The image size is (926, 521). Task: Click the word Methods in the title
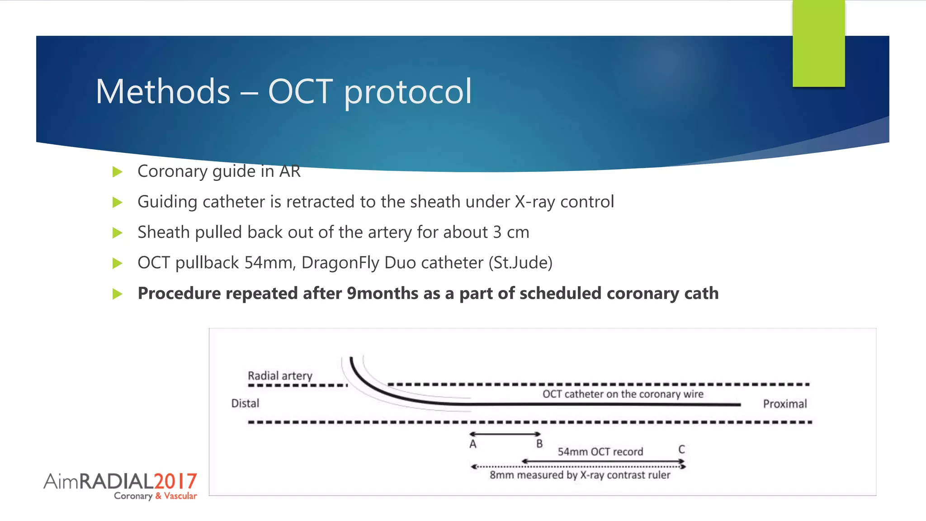[163, 92]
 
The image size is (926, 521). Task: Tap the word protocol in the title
[408, 92]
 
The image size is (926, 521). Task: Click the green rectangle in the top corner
[818, 43]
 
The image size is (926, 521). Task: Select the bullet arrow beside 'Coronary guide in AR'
[118, 172]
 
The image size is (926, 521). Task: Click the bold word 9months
[383, 294]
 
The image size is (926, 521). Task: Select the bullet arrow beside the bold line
[118, 294]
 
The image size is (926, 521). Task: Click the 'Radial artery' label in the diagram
[280, 376]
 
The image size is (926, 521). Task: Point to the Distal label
[245, 403]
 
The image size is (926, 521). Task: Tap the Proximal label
[784, 404]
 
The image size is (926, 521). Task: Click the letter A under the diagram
[473, 444]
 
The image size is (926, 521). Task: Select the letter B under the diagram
[539, 444]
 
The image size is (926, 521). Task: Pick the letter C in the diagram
[681, 450]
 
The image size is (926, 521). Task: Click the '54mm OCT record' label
[600, 452]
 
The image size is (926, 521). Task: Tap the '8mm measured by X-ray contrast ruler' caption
[580, 475]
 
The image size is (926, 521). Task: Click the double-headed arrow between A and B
[505, 434]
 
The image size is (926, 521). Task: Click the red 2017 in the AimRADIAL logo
[175, 481]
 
